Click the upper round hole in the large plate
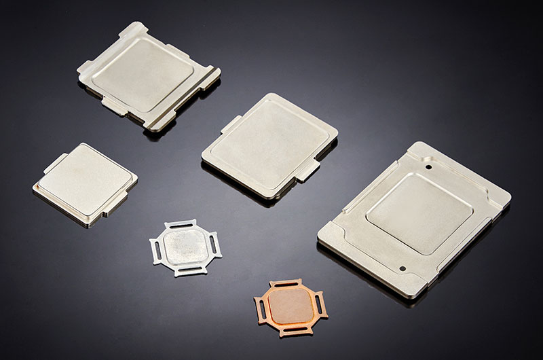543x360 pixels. coord(428,164)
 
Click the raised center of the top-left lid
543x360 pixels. coord(141,73)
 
